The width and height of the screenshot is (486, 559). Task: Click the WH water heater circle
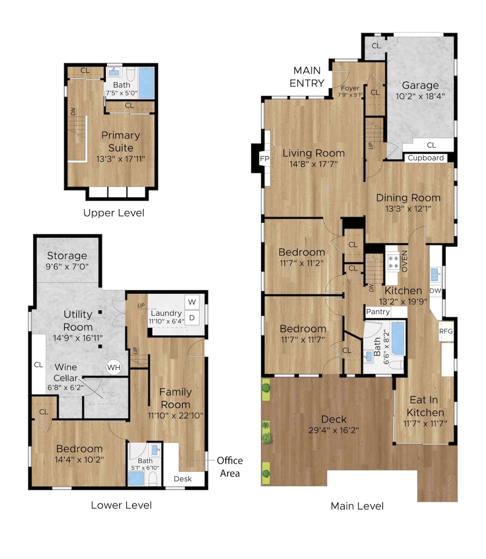[x=114, y=367]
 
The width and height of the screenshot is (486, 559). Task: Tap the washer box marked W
[x=192, y=302]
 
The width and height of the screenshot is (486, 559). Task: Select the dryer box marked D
[x=192, y=317]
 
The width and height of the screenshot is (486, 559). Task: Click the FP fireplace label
[x=264, y=159]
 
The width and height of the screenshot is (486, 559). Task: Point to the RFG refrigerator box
[x=446, y=331]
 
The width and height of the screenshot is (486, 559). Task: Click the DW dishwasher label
[x=435, y=291]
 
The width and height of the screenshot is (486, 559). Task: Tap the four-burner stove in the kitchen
[x=393, y=262]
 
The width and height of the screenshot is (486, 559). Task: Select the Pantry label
[x=378, y=312]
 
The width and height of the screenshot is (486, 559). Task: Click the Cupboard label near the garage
[x=426, y=158]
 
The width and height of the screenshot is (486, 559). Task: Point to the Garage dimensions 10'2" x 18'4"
[x=420, y=96]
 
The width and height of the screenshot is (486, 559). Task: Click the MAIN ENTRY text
[x=307, y=77]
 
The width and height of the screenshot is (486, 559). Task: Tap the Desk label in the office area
[x=183, y=479]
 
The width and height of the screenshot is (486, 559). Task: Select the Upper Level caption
[x=114, y=213]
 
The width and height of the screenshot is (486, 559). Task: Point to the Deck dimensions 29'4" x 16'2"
[x=333, y=430]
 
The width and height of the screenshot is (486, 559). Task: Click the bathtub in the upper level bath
[x=147, y=83]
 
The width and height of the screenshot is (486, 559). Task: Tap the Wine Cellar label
[x=65, y=373]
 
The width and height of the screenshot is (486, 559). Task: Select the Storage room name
[x=67, y=256]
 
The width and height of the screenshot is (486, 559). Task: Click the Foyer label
[x=350, y=88]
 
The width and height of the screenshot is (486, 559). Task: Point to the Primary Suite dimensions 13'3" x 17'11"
[x=121, y=159]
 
